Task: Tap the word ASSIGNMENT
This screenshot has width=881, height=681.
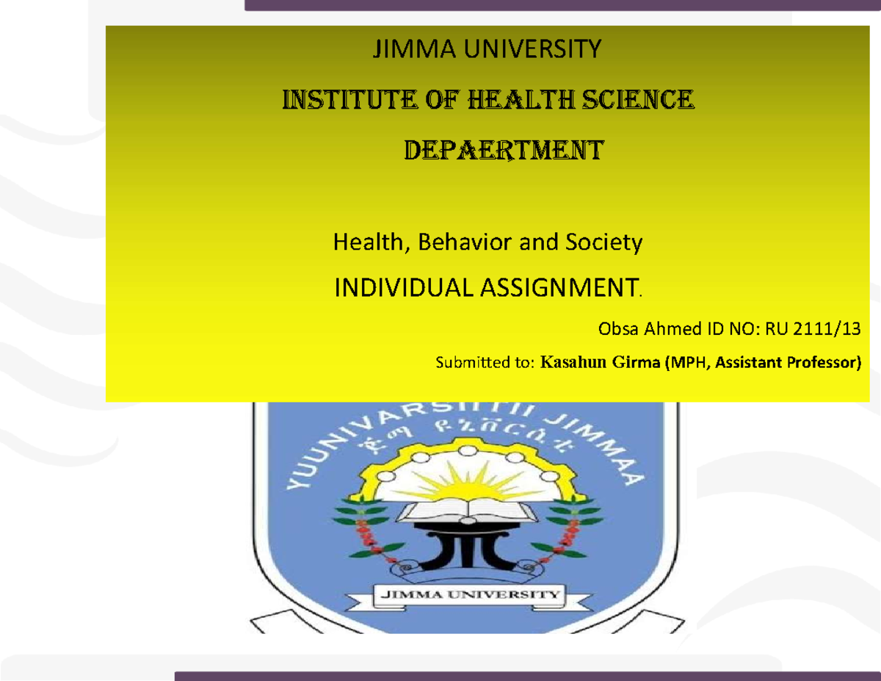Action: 558,289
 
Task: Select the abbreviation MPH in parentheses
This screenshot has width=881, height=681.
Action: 686,362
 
